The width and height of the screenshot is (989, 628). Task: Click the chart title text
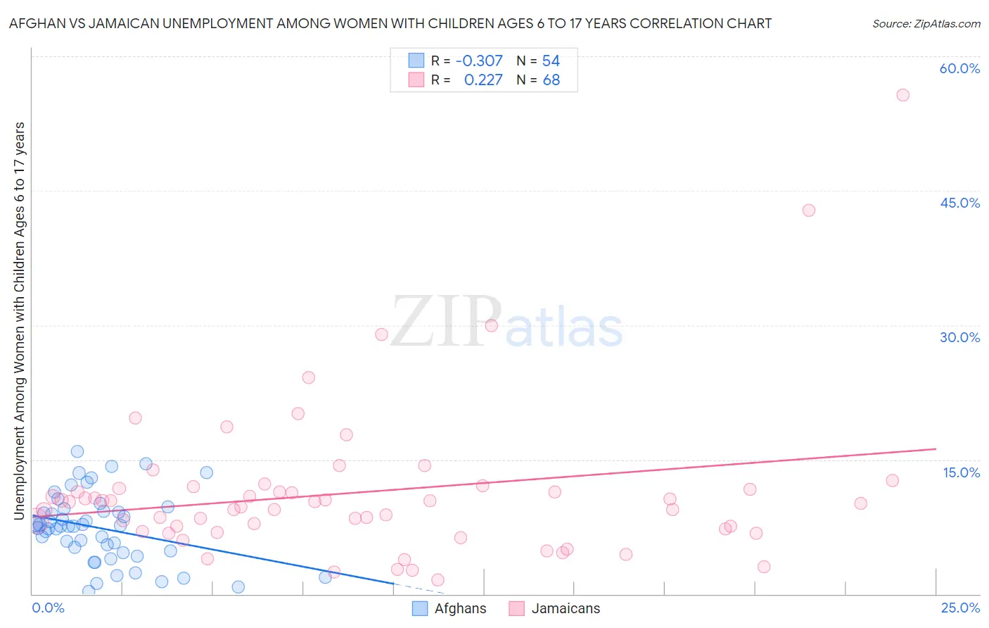[x=390, y=24]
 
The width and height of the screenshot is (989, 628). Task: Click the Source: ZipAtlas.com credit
[x=926, y=24]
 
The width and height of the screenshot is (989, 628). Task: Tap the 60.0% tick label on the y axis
[x=959, y=69]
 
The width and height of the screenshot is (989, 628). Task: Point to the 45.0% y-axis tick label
[x=959, y=203]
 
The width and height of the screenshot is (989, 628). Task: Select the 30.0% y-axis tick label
[x=959, y=337]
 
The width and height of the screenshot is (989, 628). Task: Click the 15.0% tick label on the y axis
[x=961, y=472]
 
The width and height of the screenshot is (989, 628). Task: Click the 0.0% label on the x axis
[x=49, y=608]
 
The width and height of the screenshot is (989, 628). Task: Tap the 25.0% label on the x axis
[x=960, y=608]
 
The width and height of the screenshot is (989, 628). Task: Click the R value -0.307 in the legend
[x=479, y=61]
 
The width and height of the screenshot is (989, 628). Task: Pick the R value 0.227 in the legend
[x=483, y=80]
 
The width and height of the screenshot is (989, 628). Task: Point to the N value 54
[x=551, y=61]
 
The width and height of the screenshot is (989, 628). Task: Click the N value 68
[x=551, y=80]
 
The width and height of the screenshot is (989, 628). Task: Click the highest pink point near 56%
[x=902, y=95]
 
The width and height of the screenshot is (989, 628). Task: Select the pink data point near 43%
[x=808, y=211]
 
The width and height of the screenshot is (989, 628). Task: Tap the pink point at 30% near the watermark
[x=491, y=325]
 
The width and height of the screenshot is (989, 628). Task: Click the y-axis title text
[x=19, y=321]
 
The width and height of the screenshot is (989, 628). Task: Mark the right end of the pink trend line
[x=936, y=448]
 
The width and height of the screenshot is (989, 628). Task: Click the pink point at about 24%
[x=308, y=377]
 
